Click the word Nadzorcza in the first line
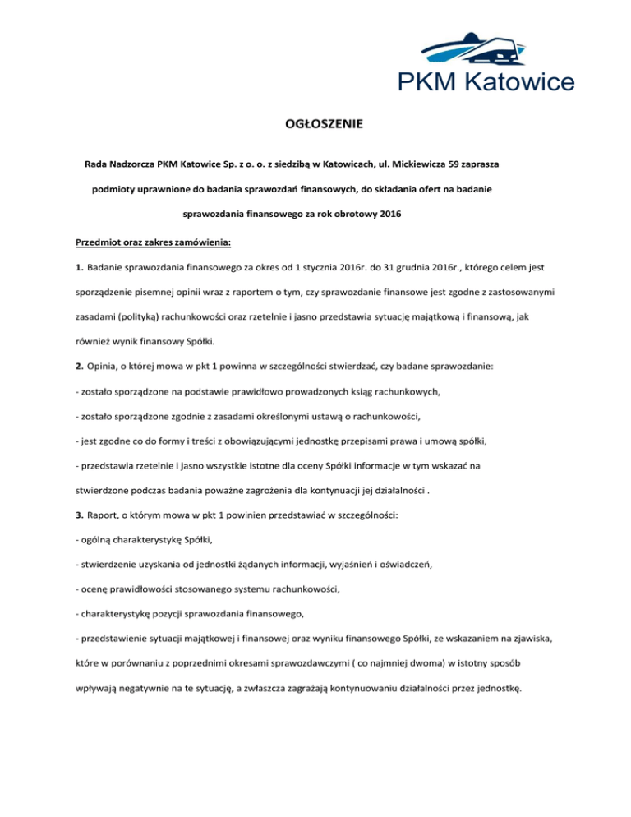[137, 164]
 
